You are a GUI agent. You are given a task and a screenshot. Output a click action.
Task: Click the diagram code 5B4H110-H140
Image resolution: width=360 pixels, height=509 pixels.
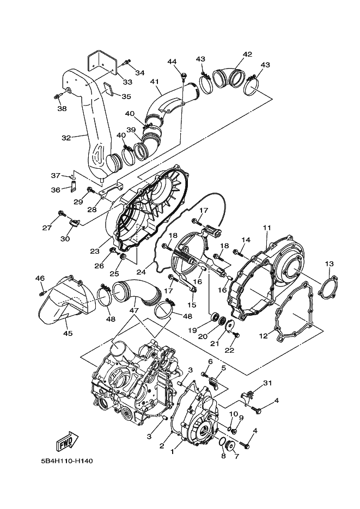tap(66, 461)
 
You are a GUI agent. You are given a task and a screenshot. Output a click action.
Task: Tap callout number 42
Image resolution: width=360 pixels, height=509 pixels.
tap(247, 54)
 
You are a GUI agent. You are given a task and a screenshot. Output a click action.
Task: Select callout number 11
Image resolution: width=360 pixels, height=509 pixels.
tap(267, 227)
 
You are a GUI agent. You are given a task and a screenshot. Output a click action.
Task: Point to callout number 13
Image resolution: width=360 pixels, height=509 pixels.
tap(329, 263)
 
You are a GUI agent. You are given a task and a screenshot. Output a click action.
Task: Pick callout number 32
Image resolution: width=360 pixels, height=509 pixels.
tap(66, 138)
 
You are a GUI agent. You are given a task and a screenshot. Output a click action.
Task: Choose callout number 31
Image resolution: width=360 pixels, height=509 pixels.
tap(267, 384)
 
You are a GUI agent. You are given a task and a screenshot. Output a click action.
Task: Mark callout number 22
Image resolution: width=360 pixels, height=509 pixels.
tap(229, 349)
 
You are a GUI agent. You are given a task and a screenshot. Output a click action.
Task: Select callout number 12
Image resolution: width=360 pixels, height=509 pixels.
tap(263, 336)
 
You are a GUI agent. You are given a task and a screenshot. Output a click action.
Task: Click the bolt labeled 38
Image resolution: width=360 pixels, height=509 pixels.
tap(58, 97)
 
